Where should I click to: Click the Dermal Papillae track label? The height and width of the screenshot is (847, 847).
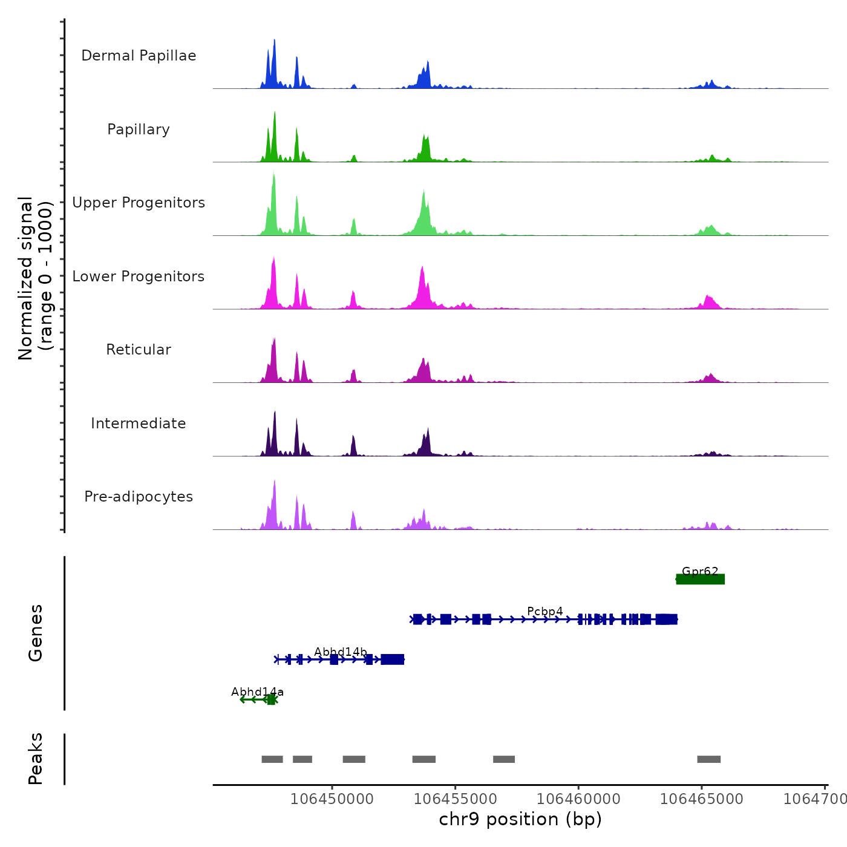click(x=139, y=56)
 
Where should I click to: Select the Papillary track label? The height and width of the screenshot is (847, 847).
click(x=139, y=129)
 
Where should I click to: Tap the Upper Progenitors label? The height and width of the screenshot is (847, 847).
click(x=139, y=203)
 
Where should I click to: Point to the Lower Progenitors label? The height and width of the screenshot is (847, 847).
click(x=139, y=276)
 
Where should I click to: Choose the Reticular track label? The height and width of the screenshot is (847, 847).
click(x=139, y=350)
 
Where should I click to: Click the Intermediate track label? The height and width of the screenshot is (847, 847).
click(x=139, y=423)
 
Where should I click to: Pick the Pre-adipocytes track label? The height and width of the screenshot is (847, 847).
click(x=139, y=497)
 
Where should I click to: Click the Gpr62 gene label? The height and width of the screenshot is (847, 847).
click(x=700, y=571)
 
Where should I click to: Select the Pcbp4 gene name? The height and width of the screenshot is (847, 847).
click(x=545, y=611)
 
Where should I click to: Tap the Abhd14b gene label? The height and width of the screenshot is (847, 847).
click(x=341, y=652)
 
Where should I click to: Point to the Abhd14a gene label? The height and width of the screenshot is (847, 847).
click(x=257, y=692)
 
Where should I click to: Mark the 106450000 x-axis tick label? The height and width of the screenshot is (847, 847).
click(x=332, y=799)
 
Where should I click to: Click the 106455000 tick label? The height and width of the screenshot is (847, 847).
click(x=456, y=799)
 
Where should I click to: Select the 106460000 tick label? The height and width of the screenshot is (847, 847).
click(x=578, y=799)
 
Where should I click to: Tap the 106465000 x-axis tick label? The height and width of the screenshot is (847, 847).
click(x=702, y=799)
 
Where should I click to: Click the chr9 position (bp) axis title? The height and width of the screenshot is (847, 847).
click(x=520, y=819)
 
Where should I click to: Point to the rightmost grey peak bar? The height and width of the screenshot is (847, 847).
click(x=708, y=759)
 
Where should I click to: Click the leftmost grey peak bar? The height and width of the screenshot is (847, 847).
click(x=272, y=759)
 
